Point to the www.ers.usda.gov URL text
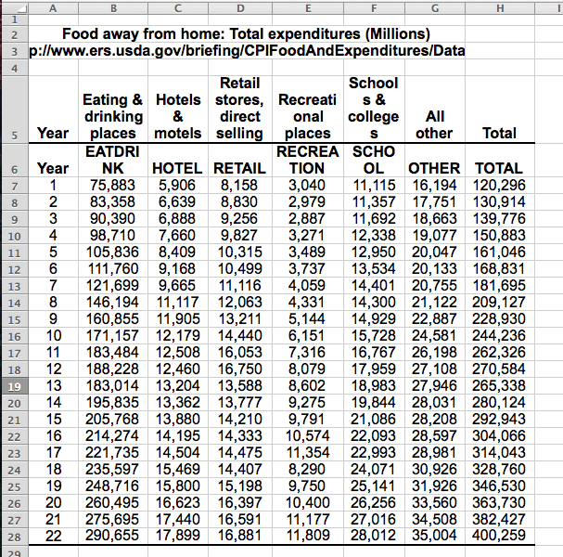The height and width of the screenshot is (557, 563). (248, 49)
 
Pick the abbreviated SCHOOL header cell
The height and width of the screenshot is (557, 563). (374, 159)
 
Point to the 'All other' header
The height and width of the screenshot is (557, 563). (434, 124)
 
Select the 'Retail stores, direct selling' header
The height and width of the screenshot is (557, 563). (239, 108)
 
